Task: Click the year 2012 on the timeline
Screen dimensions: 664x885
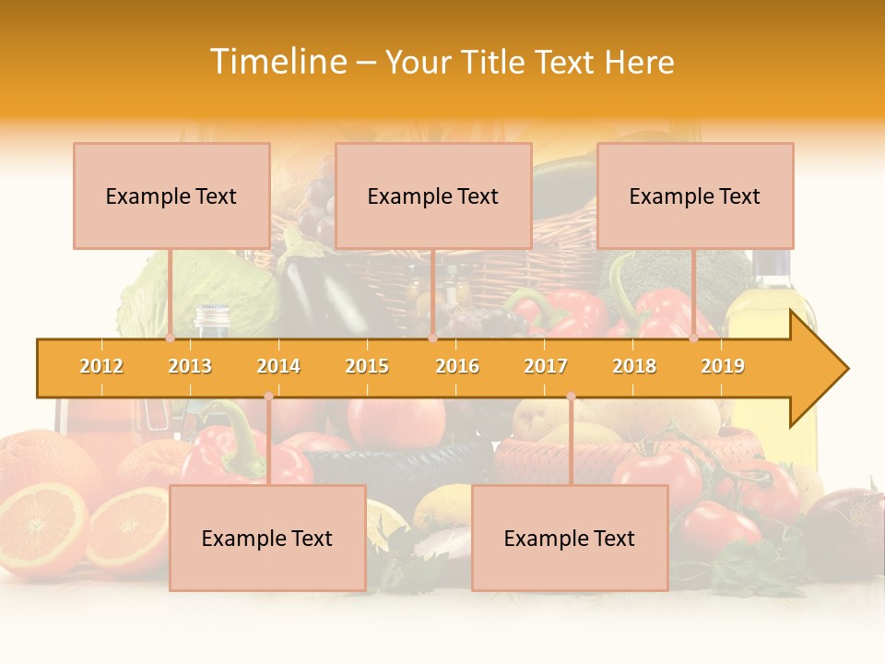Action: (101, 366)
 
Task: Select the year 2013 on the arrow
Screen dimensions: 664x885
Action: (190, 366)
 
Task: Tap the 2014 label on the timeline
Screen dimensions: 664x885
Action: (278, 366)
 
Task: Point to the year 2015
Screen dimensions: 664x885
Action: (367, 366)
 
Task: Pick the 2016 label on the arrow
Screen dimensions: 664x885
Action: (457, 366)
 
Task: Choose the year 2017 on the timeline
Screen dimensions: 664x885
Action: (546, 366)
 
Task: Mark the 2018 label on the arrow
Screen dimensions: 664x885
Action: (634, 366)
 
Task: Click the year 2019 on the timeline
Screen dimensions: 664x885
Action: (723, 366)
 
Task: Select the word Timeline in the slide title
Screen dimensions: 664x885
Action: (277, 62)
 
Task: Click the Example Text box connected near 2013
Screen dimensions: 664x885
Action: (171, 196)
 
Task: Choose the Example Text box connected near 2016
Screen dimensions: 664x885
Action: (433, 196)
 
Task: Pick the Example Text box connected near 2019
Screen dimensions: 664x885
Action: (695, 196)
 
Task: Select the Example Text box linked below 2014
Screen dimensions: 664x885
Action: (267, 538)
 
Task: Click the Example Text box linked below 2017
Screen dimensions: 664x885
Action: (570, 538)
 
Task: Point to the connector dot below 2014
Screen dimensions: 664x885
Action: (268, 397)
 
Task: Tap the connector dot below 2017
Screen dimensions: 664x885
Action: (571, 397)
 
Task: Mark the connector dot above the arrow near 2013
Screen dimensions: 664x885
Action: (170, 338)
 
